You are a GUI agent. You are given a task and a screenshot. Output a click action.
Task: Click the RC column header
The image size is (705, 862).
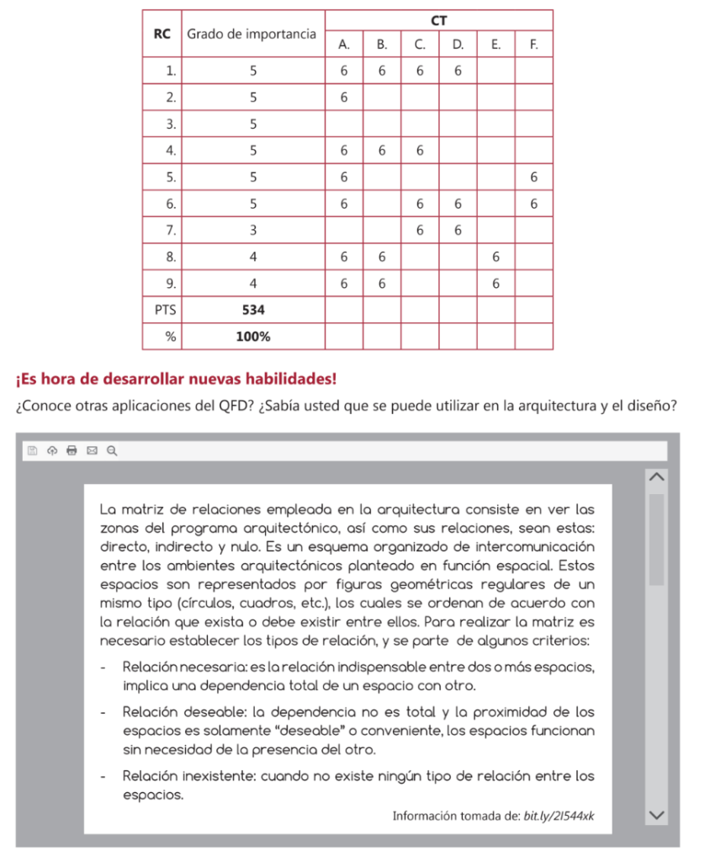click(x=162, y=34)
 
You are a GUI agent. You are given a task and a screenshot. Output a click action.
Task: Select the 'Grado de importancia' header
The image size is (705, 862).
click(x=252, y=34)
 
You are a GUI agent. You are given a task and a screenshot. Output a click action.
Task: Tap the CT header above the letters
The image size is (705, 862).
click(x=438, y=20)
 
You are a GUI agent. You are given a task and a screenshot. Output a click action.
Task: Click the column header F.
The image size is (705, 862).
click(x=533, y=45)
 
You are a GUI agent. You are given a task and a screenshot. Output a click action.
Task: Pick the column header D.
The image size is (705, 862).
click(x=458, y=45)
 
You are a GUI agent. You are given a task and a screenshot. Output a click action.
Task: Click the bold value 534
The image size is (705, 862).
click(x=253, y=310)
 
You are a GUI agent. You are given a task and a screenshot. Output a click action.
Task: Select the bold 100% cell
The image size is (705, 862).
click(x=253, y=336)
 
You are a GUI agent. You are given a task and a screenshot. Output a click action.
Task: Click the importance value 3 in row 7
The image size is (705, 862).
click(x=253, y=230)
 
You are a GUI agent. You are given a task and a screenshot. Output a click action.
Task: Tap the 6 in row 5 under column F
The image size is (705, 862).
click(x=534, y=177)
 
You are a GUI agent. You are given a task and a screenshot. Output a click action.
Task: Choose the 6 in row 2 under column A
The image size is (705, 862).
click(x=344, y=98)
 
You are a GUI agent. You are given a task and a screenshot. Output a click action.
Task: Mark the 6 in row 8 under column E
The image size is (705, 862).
click(x=496, y=257)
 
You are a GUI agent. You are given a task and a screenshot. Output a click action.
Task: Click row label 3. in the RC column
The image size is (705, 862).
click(x=171, y=124)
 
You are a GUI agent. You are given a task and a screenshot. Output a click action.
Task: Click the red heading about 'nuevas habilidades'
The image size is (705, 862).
click(x=176, y=377)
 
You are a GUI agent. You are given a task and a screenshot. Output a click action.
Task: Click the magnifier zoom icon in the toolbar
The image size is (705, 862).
click(x=112, y=450)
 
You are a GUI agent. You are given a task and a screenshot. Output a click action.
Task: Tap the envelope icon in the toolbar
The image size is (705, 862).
click(x=92, y=450)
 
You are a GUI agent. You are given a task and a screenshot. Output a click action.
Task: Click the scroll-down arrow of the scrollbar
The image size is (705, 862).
click(x=656, y=814)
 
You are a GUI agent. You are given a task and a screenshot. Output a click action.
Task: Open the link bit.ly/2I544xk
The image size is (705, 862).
click(x=559, y=815)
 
